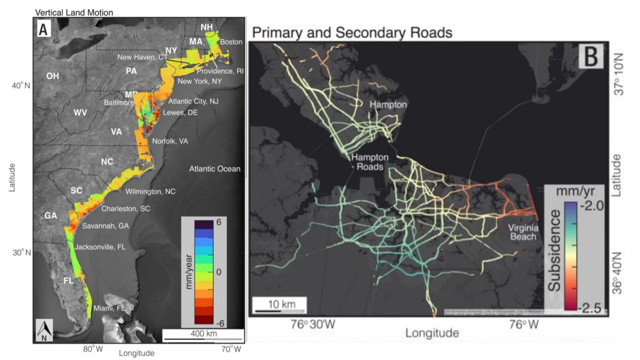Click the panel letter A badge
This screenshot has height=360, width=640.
[x=44, y=31]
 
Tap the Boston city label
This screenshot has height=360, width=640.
[x=231, y=42]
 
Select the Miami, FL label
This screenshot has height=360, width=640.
[x=109, y=308]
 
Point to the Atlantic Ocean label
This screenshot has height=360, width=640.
[x=215, y=169]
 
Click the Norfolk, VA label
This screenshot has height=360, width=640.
[x=170, y=141]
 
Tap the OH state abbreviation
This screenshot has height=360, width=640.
[x=52, y=76]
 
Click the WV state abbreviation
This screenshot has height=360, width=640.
[x=80, y=113]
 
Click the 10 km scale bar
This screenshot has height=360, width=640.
[x=278, y=307]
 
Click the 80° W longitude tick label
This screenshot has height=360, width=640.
[x=93, y=349]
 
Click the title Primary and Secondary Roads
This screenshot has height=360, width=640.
[x=352, y=33]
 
